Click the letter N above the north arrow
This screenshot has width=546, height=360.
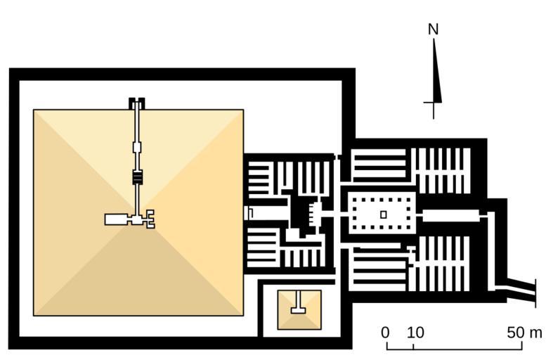pyautogui.click(x=434, y=30)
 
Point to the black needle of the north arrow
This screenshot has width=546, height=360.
pyautogui.click(x=436, y=74)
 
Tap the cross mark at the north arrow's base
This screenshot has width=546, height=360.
pyautogui.click(x=434, y=104)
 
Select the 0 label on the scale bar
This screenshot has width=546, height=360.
pyautogui.click(x=386, y=332)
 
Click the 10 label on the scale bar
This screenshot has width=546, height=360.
pyautogui.click(x=415, y=332)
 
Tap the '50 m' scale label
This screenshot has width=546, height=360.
pyautogui.click(x=524, y=332)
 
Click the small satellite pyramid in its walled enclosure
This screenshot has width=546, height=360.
pyautogui.click(x=299, y=309)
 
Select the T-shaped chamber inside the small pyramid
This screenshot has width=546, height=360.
pyautogui.click(x=299, y=307)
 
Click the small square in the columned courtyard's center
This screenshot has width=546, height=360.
pyautogui.click(x=383, y=214)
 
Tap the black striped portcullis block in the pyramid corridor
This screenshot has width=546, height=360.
pyautogui.click(x=138, y=177)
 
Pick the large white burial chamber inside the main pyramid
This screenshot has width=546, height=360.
pyautogui.click(x=115, y=219)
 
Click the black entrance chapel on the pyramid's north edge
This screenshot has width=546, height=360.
pyautogui.click(x=137, y=103)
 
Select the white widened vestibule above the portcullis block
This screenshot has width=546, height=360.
pyautogui.click(x=138, y=148)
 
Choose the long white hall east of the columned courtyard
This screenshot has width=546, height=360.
pyautogui.click(x=450, y=215)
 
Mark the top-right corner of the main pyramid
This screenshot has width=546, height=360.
pyautogui.click(x=243, y=110)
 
